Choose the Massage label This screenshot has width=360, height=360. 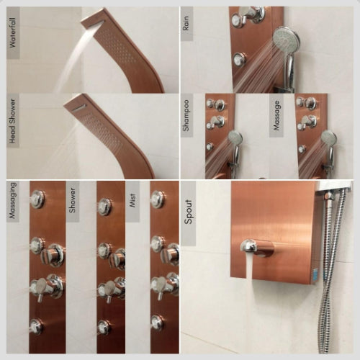point(277,115)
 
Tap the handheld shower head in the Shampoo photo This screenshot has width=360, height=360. point(235,139)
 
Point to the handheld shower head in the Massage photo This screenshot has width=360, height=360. point(328,139)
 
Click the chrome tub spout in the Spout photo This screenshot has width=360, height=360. point(255,248)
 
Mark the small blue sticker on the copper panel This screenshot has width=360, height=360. point(314,274)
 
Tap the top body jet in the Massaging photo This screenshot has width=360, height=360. point(37,199)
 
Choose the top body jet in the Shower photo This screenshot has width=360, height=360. point(104,207)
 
